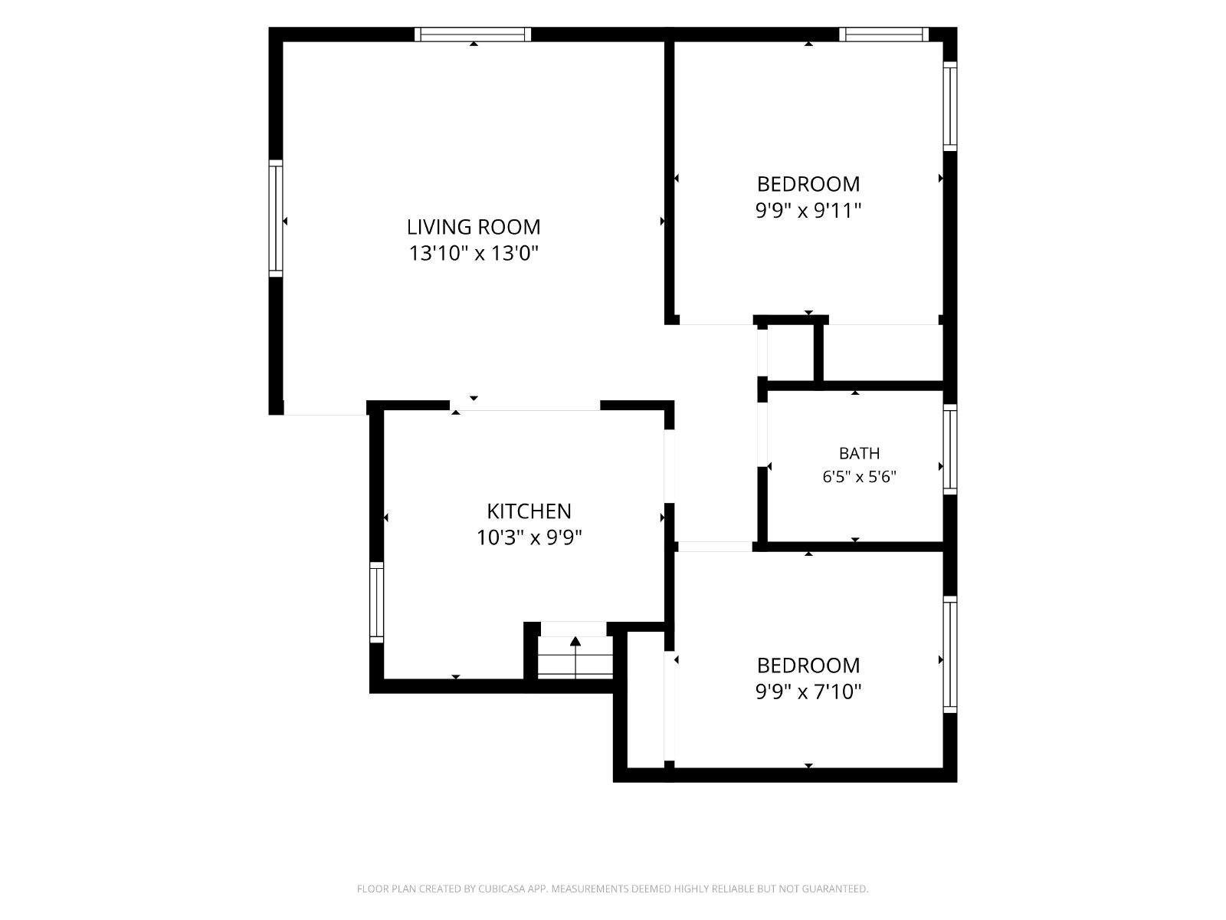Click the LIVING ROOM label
point(473,227)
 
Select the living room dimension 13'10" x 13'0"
point(473,253)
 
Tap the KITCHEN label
point(529,511)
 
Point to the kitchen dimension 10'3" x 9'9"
point(529,537)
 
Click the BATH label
point(859,453)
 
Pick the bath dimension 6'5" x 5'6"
point(859,476)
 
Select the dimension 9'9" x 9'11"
point(808,211)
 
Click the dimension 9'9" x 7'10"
point(808,692)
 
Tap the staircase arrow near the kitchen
point(575,656)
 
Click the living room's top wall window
point(473,34)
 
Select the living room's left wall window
point(276,219)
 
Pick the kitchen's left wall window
point(377,603)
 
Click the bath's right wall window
point(950,450)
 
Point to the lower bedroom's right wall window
point(950,655)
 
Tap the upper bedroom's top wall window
point(883,34)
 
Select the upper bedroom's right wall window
point(950,106)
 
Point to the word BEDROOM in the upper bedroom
point(808,184)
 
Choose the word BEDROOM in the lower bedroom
point(808,665)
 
